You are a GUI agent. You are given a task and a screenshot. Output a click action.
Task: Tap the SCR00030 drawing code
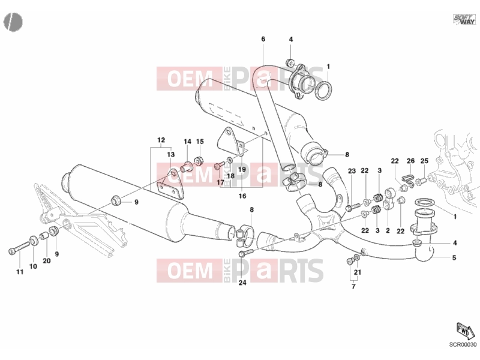[x=463, y=344]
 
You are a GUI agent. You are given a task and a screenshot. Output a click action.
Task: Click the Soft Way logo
[x=464, y=19]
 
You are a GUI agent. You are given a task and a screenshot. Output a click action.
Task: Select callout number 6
[x=263, y=39]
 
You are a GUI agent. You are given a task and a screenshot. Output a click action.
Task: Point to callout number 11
[x=20, y=272]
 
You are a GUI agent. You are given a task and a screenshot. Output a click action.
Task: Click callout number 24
[x=242, y=283]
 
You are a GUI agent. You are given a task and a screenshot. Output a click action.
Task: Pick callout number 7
[x=353, y=286]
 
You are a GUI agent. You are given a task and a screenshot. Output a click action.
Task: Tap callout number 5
[x=454, y=258]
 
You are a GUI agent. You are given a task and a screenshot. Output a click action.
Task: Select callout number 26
[x=410, y=161]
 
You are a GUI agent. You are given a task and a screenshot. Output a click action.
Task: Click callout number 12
[x=161, y=140]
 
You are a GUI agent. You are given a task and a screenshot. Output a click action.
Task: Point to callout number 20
[x=47, y=260]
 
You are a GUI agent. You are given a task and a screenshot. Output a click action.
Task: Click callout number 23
[x=352, y=171]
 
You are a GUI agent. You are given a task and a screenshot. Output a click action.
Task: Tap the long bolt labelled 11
[x=19, y=247]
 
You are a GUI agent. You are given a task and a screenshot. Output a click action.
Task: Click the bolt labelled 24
[x=246, y=253]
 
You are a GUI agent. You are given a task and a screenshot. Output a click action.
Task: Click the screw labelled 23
[x=353, y=208]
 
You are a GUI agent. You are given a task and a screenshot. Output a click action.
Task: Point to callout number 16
[x=242, y=196]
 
